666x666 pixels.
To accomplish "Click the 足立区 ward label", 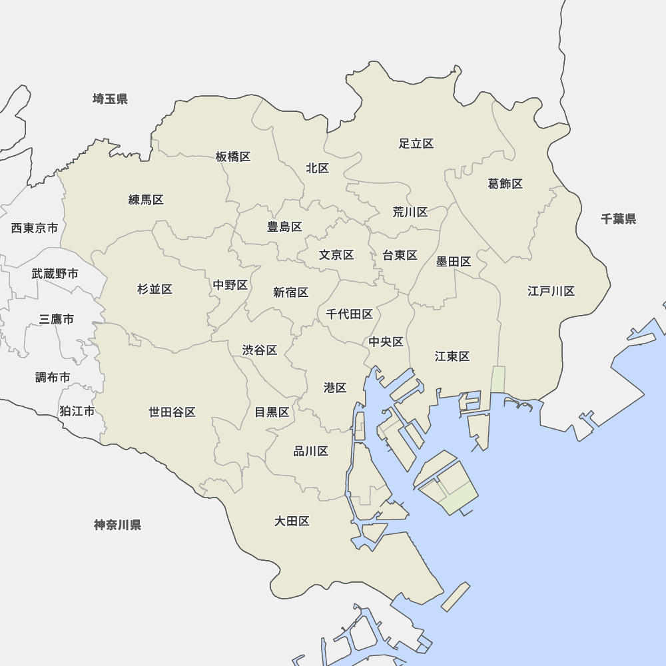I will pos(416,144).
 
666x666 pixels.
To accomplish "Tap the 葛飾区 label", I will pos(505,184).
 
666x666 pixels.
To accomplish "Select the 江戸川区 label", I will pos(551,291).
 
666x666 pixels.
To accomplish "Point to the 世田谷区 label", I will pos(172,412).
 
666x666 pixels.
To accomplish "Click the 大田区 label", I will pos(292,521).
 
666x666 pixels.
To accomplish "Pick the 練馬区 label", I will pos(146,200).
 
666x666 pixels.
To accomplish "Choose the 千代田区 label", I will pos(349,314).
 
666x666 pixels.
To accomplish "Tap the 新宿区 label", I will pos(291,292).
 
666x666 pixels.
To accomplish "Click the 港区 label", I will pos(335,388).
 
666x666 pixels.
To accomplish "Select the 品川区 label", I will pos(311,452).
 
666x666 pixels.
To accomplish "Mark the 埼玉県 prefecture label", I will pos(110,99).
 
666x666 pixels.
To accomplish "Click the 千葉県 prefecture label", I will pos(618,219).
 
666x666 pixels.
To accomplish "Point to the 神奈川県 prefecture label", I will pos(117,525).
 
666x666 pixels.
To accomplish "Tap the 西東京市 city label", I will pos(35,228).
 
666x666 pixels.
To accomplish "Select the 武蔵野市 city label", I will pos(55,274).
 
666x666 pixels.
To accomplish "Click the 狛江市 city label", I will pos(77,411).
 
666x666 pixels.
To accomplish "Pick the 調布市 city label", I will pos(53,378).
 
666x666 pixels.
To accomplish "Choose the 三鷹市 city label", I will pos(56,319).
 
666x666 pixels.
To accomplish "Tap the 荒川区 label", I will pos(410,212).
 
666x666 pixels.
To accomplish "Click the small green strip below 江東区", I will pos(498,380).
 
